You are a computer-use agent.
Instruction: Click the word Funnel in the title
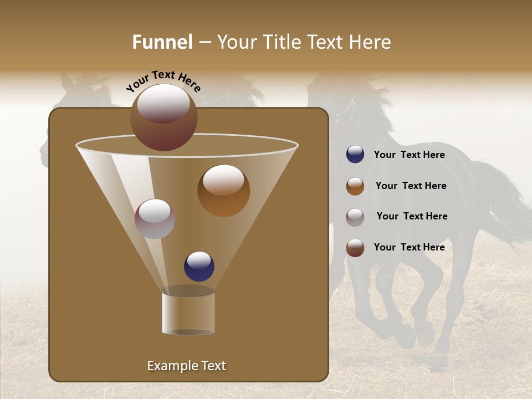(162, 42)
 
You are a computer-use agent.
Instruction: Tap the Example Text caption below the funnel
(186, 366)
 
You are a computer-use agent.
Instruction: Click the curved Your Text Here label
(163, 81)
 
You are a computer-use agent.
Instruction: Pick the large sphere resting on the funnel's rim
(164, 117)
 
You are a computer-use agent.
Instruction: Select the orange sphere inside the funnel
(223, 190)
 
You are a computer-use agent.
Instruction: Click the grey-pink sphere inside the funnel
(155, 218)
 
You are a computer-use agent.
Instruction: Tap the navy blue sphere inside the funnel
(199, 266)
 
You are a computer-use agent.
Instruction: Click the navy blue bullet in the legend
(355, 155)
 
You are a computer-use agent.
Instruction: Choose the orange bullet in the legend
(355, 186)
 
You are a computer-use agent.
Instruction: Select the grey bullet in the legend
(355, 217)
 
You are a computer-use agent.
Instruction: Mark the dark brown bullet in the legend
(355, 248)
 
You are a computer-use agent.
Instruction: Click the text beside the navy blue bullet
(409, 155)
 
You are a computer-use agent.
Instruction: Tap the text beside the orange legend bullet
(411, 186)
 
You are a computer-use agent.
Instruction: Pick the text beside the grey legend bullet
(412, 217)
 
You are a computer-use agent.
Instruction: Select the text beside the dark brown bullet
(409, 247)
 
